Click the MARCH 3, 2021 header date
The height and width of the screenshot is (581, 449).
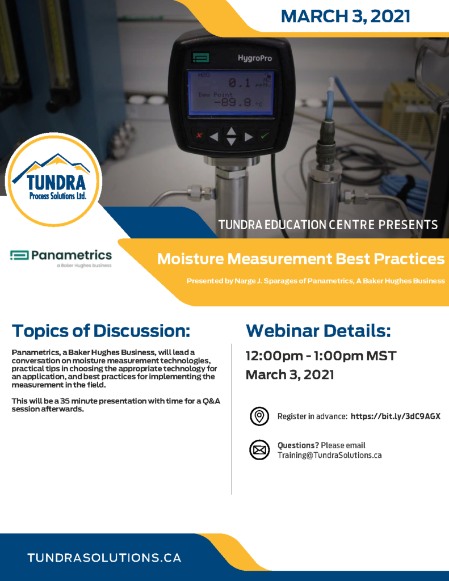(345, 16)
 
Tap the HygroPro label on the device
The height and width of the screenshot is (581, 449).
(255, 58)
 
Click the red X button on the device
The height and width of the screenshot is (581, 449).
(199, 135)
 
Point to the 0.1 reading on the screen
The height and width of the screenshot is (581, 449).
(239, 82)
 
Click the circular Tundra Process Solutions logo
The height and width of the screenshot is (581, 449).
(54, 180)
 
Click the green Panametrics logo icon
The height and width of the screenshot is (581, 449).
(19, 255)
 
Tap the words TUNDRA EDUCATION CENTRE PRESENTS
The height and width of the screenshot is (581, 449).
(328, 225)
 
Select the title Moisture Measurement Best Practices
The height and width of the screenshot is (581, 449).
(301, 259)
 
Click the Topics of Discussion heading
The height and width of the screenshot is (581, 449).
(101, 331)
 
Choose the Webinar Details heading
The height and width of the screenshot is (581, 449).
(318, 331)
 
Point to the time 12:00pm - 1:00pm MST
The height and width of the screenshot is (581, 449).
(321, 356)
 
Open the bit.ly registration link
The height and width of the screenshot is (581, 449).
(395, 416)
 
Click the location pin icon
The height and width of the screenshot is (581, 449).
(259, 416)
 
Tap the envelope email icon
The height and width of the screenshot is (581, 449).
(259, 450)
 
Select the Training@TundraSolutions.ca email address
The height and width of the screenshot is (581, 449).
(330, 456)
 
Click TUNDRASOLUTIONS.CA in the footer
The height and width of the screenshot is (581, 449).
(104, 558)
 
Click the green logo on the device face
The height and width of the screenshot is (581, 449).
(201, 57)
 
